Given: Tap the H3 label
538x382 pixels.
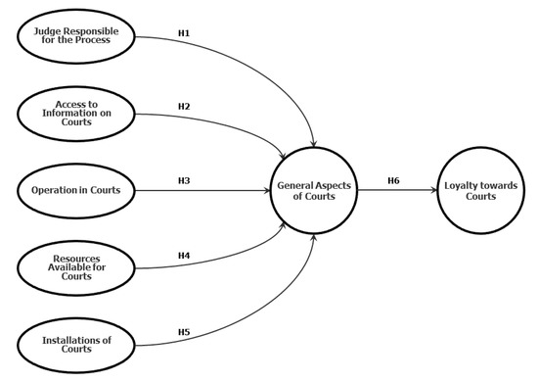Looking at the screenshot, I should point(183,180).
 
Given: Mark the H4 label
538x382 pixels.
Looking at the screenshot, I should point(183,256).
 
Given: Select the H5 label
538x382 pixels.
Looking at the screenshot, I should point(183,332).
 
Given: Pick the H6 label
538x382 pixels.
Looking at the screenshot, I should point(393,180).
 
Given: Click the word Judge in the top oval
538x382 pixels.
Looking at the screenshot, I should point(46,30).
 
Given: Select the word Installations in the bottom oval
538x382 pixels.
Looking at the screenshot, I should point(67,339).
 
